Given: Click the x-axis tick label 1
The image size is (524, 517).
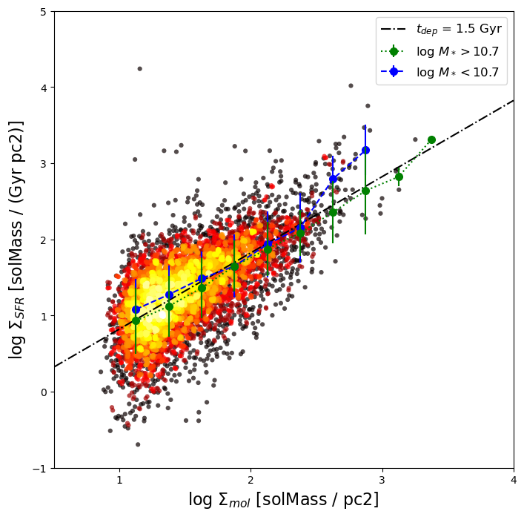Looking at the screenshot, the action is tap(119, 481).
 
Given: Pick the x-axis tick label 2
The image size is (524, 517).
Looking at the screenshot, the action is tap(251, 481).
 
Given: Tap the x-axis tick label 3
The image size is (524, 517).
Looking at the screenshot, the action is tap(382, 481).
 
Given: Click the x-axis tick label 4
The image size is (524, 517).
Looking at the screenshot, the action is tap(514, 481).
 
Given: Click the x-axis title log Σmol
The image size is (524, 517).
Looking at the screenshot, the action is tap(219, 500).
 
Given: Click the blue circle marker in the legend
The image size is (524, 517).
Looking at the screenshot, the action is tap(394, 72).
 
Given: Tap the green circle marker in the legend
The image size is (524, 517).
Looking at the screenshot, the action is tap(394, 51).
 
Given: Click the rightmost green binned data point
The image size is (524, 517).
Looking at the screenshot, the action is tap(431, 139).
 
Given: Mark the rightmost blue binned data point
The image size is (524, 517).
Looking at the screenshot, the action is tap(365, 150).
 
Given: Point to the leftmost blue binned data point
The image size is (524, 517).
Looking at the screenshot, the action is tap(136, 309).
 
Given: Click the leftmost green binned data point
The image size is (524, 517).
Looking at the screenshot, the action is tap(136, 320).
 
